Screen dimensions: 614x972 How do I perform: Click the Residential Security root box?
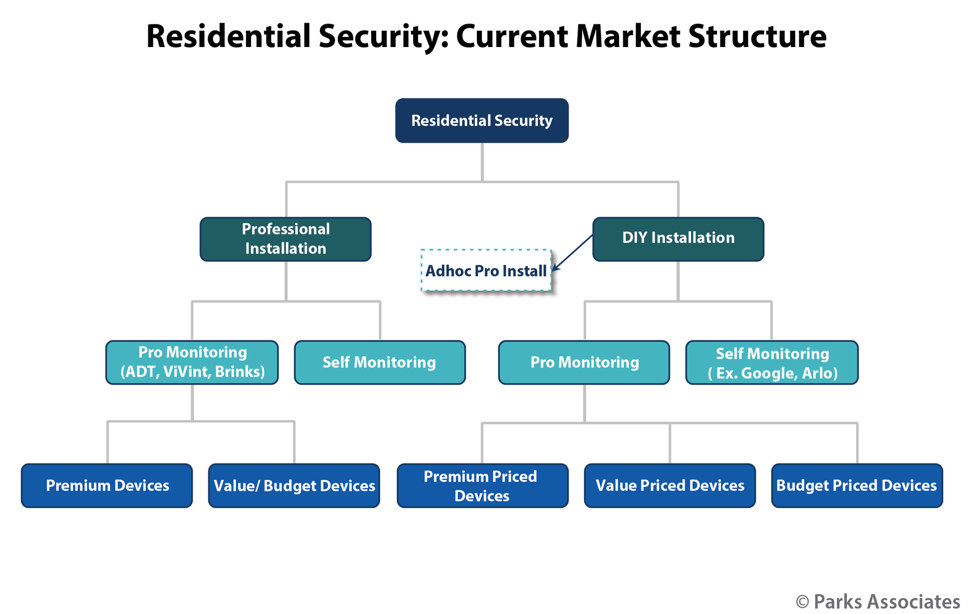[x=481, y=120]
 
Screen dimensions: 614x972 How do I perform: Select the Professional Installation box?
[x=286, y=239]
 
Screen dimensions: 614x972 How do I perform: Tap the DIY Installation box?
[x=678, y=239]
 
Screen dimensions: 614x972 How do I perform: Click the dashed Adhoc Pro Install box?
[x=485, y=270]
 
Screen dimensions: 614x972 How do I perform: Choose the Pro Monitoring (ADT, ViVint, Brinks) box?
[x=192, y=362]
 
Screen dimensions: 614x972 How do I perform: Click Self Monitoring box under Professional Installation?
[x=380, y=362]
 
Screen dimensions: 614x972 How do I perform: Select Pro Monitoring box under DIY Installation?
[x=584, y=362]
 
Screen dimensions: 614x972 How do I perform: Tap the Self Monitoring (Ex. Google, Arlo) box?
[x=772, y=362]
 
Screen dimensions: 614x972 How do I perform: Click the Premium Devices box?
[x=107, y=485]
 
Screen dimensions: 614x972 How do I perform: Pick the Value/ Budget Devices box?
[x=294, y=485]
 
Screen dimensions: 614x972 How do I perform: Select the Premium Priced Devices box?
[x=482, y=485]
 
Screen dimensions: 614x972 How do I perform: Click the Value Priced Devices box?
[x=669, y=485]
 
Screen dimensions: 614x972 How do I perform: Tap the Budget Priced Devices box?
[x=857, y=485]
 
